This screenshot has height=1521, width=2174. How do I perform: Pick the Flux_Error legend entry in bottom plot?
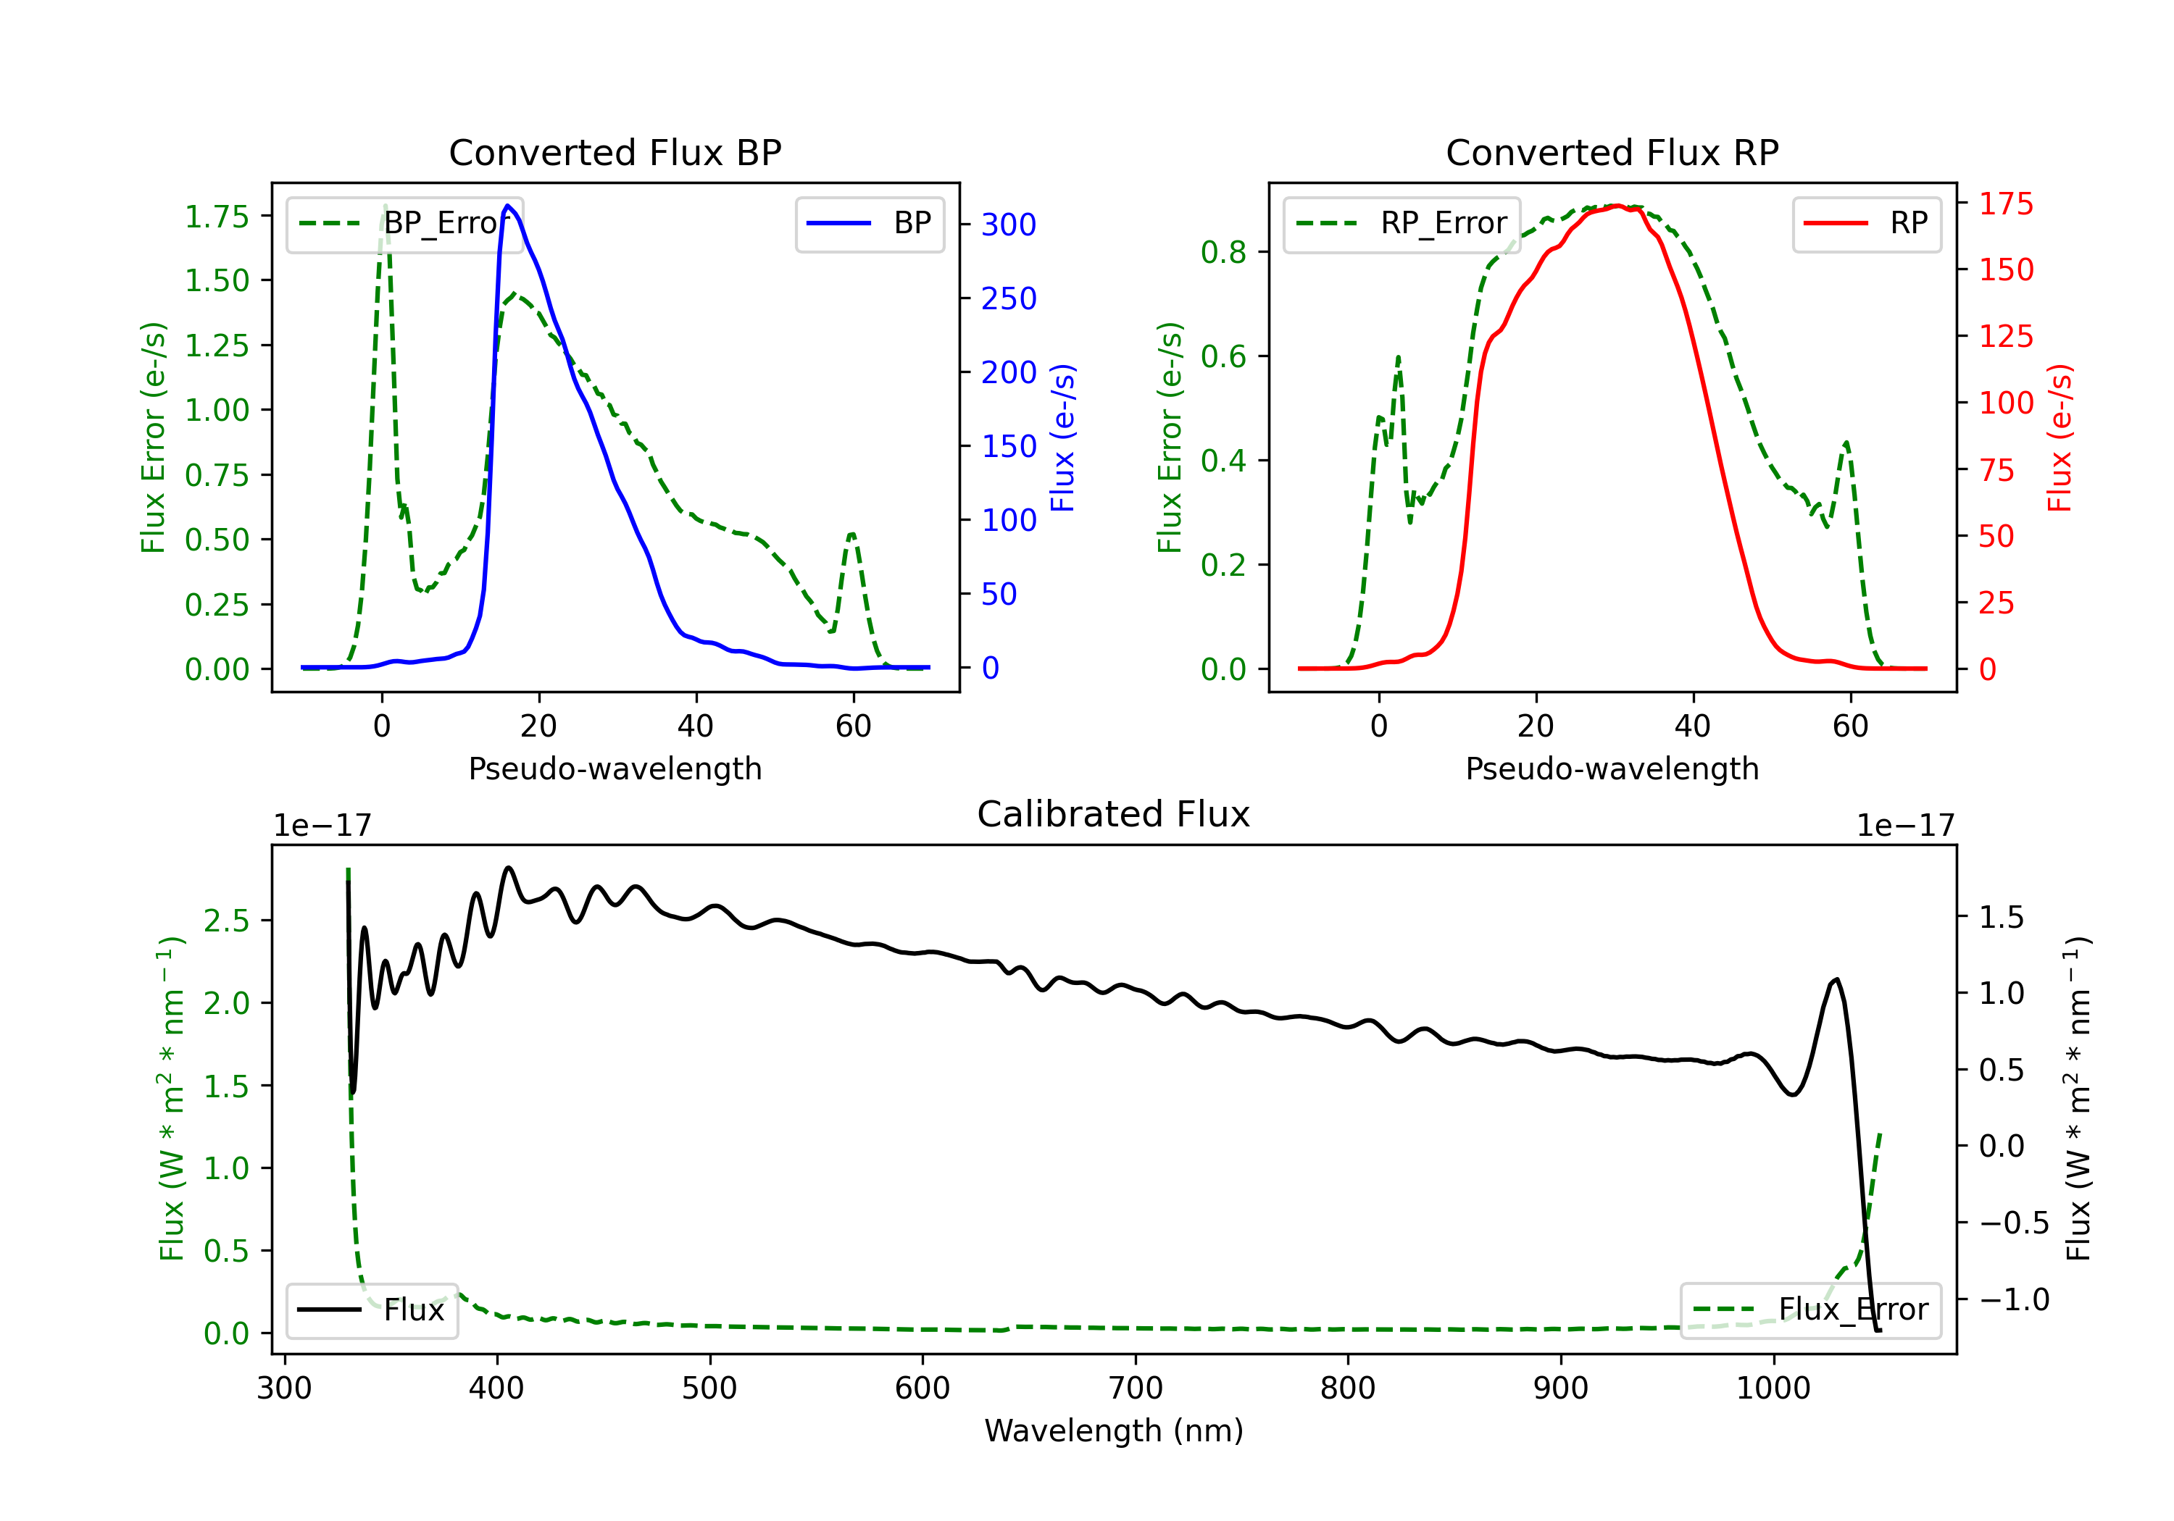1810,1310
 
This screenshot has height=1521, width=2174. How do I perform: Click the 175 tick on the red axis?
2005,204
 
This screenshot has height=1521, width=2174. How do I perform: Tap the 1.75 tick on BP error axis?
217,217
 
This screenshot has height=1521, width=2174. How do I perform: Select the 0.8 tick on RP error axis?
1223,252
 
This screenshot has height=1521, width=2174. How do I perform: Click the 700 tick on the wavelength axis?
1136,1388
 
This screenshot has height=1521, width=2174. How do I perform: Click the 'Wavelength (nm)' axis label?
1114,1431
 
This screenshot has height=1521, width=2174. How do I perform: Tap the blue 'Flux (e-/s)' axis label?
1062,437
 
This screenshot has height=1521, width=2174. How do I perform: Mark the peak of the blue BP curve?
507,206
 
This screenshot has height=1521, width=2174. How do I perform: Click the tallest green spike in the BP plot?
384,206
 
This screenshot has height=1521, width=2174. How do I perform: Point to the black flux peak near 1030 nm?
1837,980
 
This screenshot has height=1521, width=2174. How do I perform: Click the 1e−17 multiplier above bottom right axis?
1905,826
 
